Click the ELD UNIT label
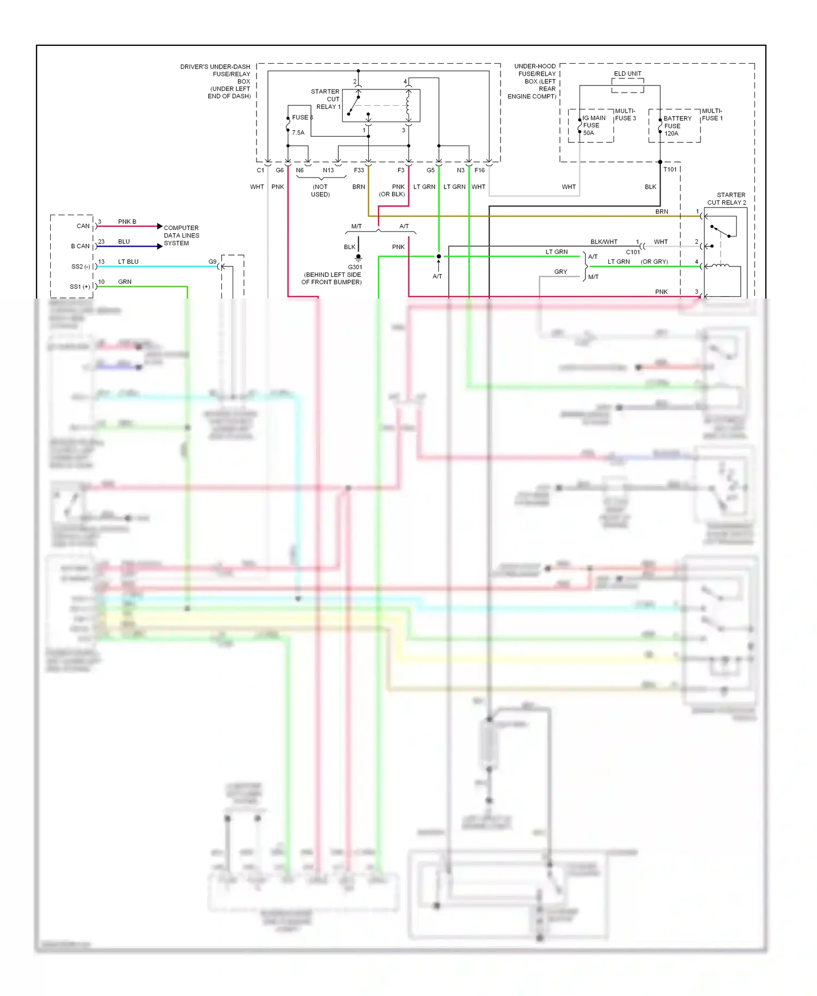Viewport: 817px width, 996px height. pos(627,74)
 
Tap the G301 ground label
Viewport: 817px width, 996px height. pos(355,267)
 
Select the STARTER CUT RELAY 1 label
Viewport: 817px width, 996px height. pos(325,99)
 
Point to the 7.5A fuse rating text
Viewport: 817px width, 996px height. pos(298,132)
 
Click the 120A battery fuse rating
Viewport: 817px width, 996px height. pos(671,133)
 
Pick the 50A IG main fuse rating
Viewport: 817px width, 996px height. pos(588,133)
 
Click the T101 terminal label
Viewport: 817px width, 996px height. pos(670,169)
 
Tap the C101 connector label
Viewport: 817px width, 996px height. pos(633,252)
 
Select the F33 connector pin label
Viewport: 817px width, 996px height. pos(359,171)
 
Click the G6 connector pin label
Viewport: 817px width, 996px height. pos(279,171)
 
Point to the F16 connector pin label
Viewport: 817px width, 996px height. pos(479,171)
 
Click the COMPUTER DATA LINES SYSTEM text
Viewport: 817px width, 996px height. pos(181,235)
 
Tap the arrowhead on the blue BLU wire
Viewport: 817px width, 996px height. pos(160,246)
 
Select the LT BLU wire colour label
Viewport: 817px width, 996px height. pos(128,262)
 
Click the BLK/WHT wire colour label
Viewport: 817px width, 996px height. pos(603,242)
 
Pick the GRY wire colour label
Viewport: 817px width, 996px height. pos(560,271)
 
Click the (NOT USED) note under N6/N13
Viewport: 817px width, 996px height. pos(320,191)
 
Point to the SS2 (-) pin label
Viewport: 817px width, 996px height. pos(81,266)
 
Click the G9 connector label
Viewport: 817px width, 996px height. pos(212,262)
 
